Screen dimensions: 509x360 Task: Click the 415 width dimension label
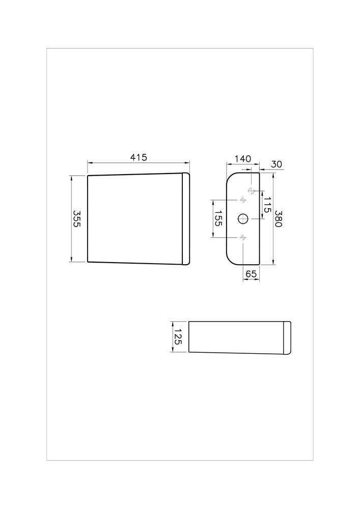point(139,157)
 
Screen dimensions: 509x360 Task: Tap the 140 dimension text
point(243,159)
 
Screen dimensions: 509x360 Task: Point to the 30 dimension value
point(276,164)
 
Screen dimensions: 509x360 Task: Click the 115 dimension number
point(266,205)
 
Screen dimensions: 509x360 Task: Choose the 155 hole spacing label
point(218,218)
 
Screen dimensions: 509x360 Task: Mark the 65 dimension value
point(251,274)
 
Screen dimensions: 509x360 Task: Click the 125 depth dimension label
point(178,337)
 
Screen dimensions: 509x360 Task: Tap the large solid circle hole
point(243,219)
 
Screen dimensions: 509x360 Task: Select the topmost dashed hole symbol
point(251,191)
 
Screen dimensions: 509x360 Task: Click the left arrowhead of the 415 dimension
point(90,163)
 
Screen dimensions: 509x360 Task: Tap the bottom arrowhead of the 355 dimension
point(71,260)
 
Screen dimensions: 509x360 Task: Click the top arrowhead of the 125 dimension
point(172,323)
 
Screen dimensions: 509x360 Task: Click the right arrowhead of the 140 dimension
point(257,164)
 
